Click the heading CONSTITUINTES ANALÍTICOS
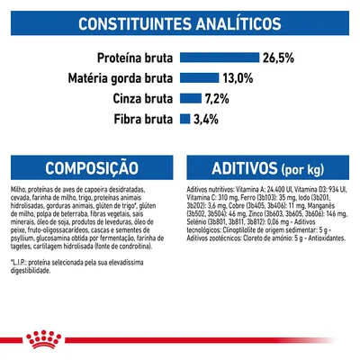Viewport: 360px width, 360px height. point(179,25)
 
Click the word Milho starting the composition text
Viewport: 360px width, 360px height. point(17,192)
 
